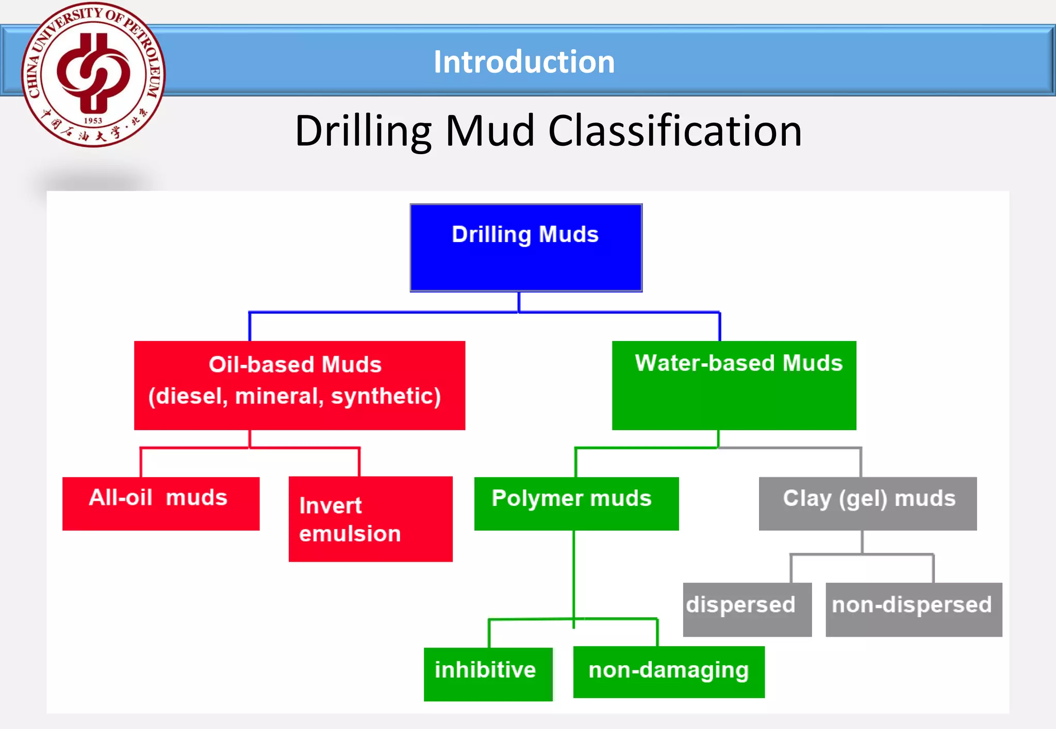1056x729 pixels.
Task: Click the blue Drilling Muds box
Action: [x=526, y=248]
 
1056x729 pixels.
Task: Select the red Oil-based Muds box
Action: [x=300, y=385]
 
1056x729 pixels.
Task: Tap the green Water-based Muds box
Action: [x=734, y=385]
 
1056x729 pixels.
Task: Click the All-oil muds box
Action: [x=161, y=503]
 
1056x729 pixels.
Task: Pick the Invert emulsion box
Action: [x=370, y=519]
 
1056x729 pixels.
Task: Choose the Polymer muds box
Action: [x=576, y=503]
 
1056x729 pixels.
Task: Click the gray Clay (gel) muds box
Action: [x=867, y=503]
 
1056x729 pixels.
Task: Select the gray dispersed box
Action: [x=747, y=609]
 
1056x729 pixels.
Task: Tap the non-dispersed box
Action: [x=914, y=609]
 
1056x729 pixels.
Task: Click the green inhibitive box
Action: [x=488, y=674]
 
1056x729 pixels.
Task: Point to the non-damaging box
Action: [x=669, y=672]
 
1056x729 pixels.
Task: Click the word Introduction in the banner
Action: [x=524, y=62]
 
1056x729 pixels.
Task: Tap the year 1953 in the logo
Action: [x=93, y=121]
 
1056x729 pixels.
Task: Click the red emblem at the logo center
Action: [x=93, y=72]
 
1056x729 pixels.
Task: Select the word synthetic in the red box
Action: [x=386, y=396]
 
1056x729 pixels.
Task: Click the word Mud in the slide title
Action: [x=490, y=131]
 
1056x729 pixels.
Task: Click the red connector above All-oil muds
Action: [x=141, y=462]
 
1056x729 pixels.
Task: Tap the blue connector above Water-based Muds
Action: [x=719, y=326]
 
